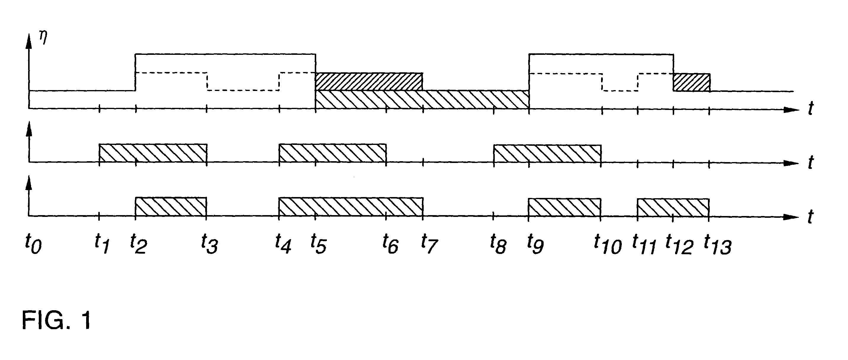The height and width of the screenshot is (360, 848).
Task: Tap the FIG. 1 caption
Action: click(x=56, y=320)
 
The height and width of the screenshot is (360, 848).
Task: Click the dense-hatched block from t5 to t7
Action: click(x=369, y=81)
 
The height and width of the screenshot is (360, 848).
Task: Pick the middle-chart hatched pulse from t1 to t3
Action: click(x=153, y=153)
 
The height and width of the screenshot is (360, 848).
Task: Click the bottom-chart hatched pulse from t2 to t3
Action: click(x=171, y=207)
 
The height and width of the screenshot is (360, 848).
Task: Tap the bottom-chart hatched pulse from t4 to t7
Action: click(x=351, y=207)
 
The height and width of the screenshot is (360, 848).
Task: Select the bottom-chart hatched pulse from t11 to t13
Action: click(x=673, y=207)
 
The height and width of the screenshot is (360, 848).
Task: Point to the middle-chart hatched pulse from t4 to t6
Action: click(x=333, y=153)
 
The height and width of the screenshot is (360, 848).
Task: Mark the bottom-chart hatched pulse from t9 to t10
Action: click(x=565, y=207)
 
